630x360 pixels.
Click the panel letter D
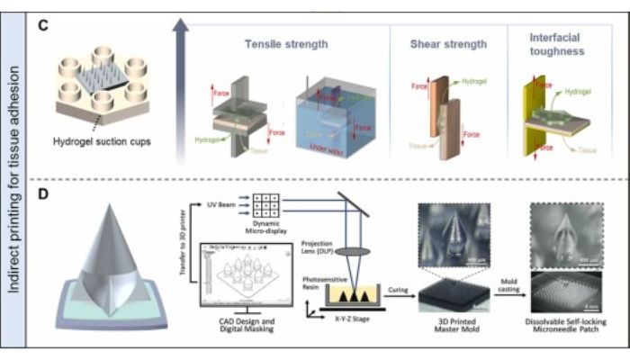[x=42, y=191]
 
